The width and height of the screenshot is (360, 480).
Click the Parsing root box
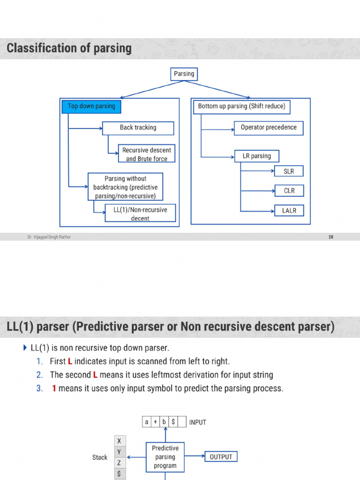click(184, 74)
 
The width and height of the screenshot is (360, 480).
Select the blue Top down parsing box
click(91, 106)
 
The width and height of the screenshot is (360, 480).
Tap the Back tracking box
click(138, 127)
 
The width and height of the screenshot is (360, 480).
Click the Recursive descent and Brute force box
click(146, 154)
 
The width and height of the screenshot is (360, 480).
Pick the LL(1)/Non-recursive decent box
click(140, 214)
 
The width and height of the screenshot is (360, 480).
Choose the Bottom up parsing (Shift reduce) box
click(241, 106)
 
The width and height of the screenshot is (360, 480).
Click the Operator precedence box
click(269, 127)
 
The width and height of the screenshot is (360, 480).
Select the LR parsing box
click(256, 156)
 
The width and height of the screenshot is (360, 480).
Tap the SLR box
click(289, 172)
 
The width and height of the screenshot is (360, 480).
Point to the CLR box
click(289, 191)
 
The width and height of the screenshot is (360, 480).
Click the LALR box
click(289, 210)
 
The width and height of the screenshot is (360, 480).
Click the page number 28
click(331, 237)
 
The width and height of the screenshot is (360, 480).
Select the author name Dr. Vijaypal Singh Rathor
click(49, 237)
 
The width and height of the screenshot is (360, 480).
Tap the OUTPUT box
click(221, 457)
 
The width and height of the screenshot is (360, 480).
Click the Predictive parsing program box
click(165, 457)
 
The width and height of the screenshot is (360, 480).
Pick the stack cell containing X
click(119, 441)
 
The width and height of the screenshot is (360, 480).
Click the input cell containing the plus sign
click(156, 422)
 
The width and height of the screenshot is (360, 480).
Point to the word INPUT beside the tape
click(197, 422)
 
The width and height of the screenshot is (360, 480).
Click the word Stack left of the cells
click(100, 457)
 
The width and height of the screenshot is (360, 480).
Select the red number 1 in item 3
click(54, 389)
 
